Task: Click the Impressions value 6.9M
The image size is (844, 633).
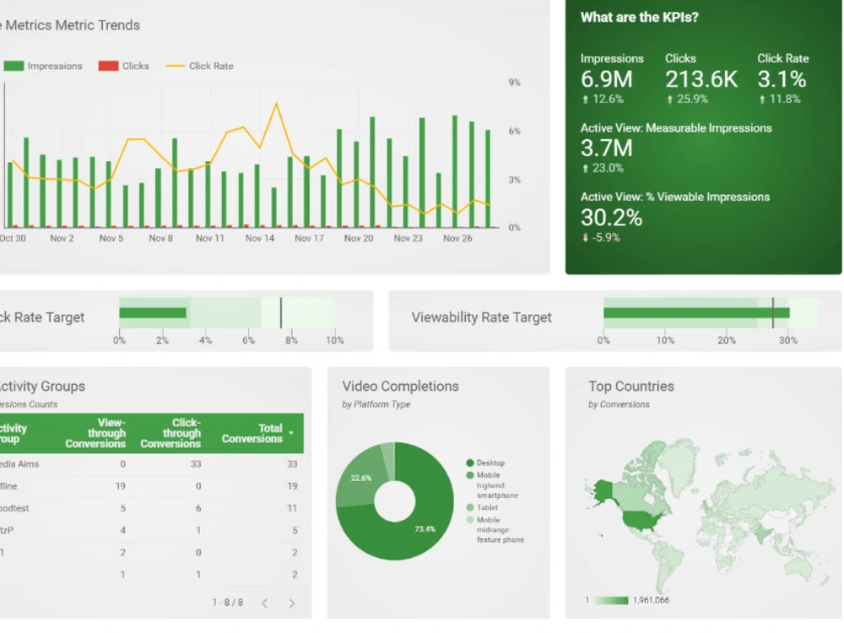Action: pyautogui.click(x=606, y=80)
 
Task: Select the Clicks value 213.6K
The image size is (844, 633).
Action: pyautogui.click(x=701, y=80)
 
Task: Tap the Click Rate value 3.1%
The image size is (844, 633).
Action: pyautogui.click(x=782, y=80)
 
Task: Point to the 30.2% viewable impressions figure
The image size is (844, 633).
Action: pyautogui.click(x=611, y=218)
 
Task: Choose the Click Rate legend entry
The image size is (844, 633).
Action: pyautogui.click(x=210, y=66)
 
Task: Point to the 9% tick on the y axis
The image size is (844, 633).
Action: pyautogui.click(x=514, y=83)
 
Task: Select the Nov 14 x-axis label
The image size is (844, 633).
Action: pyautogui.click(x=260, y=239)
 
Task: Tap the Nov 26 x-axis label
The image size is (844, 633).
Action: pyautogui.click(x=457, y=239)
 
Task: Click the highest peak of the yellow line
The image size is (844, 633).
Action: pyautogui.click(x=276, y=104)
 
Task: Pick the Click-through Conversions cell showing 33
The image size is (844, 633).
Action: pyautogui.click(x=196, y=464)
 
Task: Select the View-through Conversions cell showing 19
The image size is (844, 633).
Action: pyautogui.click(x=120, y=486)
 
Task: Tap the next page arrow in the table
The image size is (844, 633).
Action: pyautogui.click(x=292, y=603)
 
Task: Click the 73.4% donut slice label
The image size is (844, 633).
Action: pyautogui.click(x=425, y=529)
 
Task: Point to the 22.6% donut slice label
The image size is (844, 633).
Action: pyautogui.click(x=361, y=479)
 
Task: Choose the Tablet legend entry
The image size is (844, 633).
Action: pyautogui.click(x=487, y=507)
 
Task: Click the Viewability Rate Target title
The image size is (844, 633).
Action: pyautogui.click(x=481, y=317)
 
